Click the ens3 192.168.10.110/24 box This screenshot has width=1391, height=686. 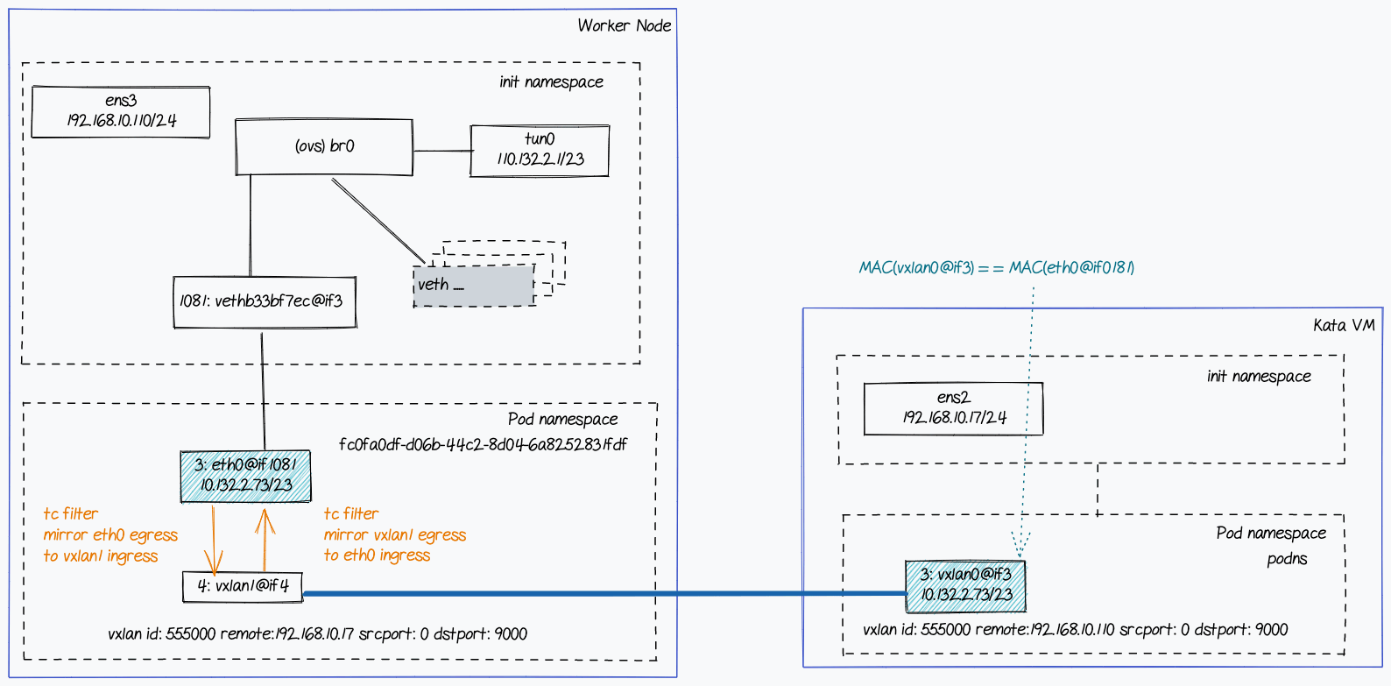(x=121, y=111)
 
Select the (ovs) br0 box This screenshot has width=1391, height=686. (x=324, y=146)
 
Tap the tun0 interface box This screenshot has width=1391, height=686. (x=540, y=150)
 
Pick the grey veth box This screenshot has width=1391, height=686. (x=473, y=286)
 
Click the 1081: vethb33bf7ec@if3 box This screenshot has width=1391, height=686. (x=265, y=302)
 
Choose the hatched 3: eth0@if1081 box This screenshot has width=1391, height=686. (x=245, y=476)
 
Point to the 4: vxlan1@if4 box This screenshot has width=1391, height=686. (x=243, y=586)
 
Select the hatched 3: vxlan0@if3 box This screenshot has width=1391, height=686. (x=965, y=585)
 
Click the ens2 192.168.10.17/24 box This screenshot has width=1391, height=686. (x=953, y=408)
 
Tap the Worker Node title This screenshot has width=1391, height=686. (x=624, y=25)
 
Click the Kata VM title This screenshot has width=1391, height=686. (x=1343, y=325)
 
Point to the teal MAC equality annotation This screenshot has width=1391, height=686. (x=996, y=267)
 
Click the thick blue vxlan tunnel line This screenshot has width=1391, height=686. (x=604, y=593)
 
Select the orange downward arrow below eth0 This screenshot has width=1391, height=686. (x=214, y=539)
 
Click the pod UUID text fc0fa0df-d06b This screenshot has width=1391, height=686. (x=483, y=444)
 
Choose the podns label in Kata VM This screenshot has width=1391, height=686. (x=1287, y=559)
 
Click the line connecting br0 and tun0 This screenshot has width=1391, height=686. (x=441, y=151)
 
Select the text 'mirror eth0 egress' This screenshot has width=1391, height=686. (x=110, y=534)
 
